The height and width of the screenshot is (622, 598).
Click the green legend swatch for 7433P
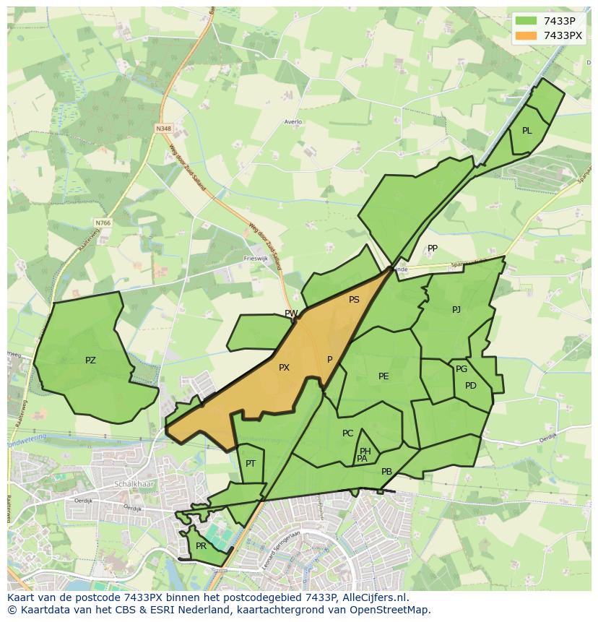(x=526, y=21)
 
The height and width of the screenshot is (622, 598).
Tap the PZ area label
(x=90, y=360)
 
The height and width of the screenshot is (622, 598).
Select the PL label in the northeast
(x=526, y=131)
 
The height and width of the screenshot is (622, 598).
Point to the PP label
(x=433, y=249)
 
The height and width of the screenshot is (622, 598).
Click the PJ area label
(x=456, y=310)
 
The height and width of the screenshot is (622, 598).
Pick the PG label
(x=461, y=369)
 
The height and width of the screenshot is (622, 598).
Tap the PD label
(x=471, y=386)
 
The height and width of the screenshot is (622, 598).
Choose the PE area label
(x=383, y=376)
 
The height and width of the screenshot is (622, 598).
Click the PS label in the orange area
(x=354, y=300)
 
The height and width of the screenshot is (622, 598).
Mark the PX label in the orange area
(x=284, y=368)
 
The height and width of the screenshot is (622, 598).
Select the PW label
(x=291, y=314)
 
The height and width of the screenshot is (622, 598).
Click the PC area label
(x=347, y=433)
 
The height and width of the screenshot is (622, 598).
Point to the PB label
(x=386, y=472)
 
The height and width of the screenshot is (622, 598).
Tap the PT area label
(x=251, y=464)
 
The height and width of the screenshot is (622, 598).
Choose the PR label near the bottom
(x=201, y=546)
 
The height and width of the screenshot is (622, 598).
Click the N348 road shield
(x=163, y=129)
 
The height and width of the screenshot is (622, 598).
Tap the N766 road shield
(x=103, y=223)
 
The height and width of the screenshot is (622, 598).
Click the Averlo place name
(x=292, y=122)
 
